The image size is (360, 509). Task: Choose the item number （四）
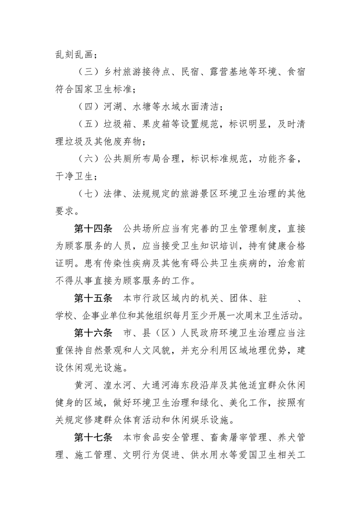(x=86, y=108)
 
